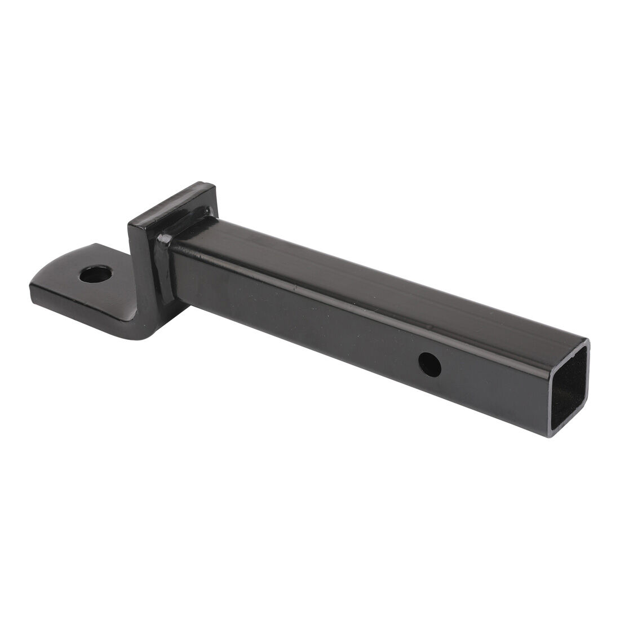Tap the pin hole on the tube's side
click(430, 365)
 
